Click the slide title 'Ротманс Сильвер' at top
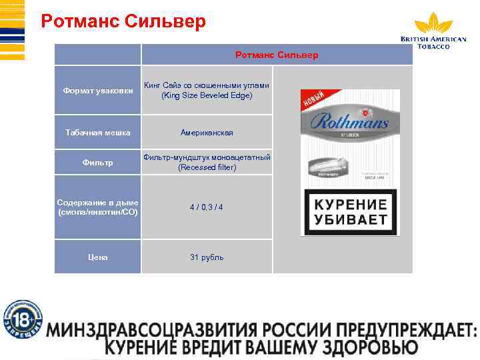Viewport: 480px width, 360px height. coord(123,21)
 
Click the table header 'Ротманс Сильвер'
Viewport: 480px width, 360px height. coord(277,54)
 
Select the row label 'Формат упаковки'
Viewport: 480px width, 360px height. coord(97,90)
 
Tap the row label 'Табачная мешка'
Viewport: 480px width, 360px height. coord(97,133)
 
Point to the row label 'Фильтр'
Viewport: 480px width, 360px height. coord(97,163)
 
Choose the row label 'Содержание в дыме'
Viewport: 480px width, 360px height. coord(97,202)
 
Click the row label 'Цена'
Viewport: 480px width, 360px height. coord(97,257)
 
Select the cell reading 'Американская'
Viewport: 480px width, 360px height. coord(207,133)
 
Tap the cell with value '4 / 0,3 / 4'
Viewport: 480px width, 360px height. coord(207,207)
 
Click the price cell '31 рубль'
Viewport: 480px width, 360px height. coord(207,257)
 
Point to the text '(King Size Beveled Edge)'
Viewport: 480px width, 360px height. coord(207,95)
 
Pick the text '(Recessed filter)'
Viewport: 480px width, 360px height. coord(207,167)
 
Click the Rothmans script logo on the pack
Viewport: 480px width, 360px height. coord(349,123)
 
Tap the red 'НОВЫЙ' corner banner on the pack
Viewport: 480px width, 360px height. coord(313,100)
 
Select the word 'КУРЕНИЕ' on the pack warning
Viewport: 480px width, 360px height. coord(350,204)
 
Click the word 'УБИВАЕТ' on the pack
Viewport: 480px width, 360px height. coord(350,219)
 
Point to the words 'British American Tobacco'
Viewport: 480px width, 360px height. coord(433,43)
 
